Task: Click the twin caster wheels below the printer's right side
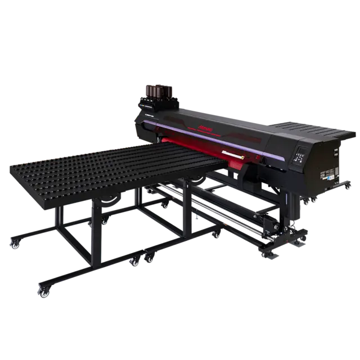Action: click(301, 238)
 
